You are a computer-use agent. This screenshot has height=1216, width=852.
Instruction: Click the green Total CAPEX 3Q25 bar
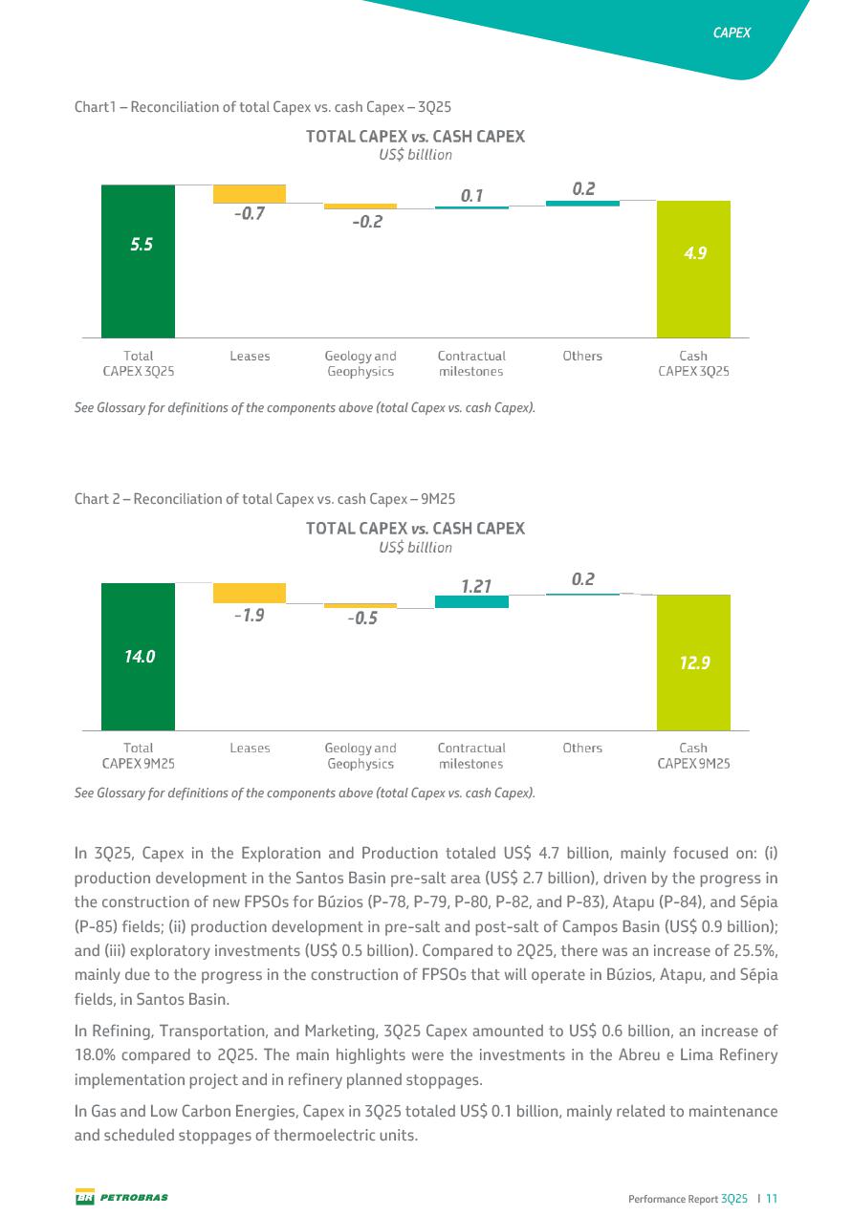pyautogui.click(x=138, y=260)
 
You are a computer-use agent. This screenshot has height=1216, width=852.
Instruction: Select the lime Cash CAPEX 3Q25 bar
pyautogui.click(x=693, y=269)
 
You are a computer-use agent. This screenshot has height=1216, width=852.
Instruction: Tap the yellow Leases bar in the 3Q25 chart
pyautogui.click(x=249, y=193)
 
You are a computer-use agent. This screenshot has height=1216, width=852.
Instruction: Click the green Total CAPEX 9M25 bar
pyautogui.click(x=138, y=656)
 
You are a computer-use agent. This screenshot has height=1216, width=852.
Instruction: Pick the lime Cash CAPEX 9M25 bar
pyautogui.click(x=693, y=662)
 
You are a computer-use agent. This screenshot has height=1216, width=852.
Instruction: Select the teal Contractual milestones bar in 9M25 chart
pyautogui.click(x=471, y=601)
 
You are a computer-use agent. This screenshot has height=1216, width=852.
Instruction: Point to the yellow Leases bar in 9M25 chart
pyautogui.click(x=249, y=593)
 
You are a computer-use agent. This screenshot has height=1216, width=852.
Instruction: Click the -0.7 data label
pyautogui.click(x=249, y=214)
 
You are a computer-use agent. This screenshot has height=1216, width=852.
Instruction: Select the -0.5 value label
pyautogui.click(x=361, y=619)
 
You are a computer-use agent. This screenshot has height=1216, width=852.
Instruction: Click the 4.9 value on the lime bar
pyautogui.click(x=693, y=253)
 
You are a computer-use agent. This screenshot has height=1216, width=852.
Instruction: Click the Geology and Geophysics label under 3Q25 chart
pyautogui.click(x=360, y=363)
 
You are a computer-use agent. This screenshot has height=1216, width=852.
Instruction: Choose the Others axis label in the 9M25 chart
pyautogui.click(x=582, y=748)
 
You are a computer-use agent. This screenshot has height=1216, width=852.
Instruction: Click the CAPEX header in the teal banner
pyautogui.click(x=732, y=33)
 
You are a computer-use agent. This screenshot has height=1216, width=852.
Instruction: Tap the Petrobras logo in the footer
pyautogui.click(x=121, y=1197)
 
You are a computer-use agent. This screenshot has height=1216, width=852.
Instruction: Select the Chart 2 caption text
pyautogui.click(x=265, y=499)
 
